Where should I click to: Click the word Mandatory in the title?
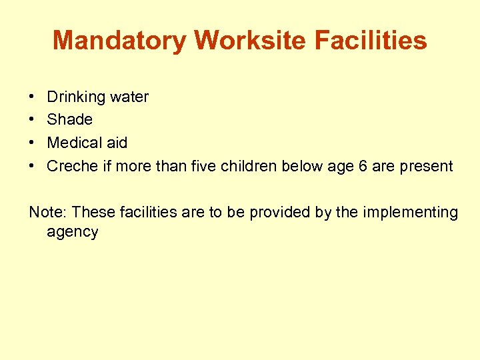click(121, 41)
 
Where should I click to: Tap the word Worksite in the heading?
click(251, 41)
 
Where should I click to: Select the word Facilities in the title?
click(371, 41)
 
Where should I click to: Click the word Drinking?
click(76, 97)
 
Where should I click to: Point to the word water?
click(129, 97)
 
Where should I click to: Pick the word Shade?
click(70, 120)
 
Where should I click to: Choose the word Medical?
click(75, 143)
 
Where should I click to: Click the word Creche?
click(73, 166)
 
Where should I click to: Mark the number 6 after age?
click(363, 166)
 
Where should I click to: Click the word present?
click(426, 167)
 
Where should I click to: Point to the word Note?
click(48, 213)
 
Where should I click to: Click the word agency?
click(73, 233)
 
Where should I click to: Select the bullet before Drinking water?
click(33, 97)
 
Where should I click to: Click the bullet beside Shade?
click(33, 120)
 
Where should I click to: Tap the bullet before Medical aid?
click(33, 143)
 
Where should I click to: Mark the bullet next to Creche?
click(33, 166)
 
